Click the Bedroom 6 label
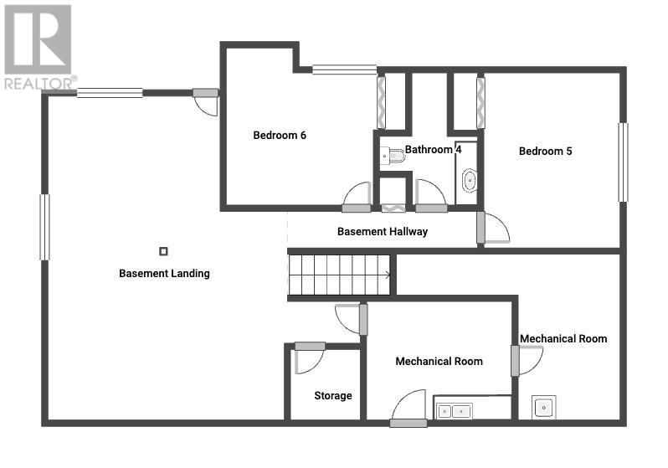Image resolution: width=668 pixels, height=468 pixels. [x=280, y=135]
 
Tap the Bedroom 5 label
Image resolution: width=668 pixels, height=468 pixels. [x=545, y=151]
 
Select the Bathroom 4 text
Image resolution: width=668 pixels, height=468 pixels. [x=433, y=149]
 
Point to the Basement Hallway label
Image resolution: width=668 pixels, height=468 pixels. [x=383, y=231]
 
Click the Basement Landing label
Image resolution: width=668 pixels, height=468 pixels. [x=164, y=273]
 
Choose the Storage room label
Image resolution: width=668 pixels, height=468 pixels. [x=332, y=395]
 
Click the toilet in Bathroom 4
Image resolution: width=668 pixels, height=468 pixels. [x=392, y=156]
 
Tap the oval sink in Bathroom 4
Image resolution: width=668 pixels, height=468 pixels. [x=470, y=181]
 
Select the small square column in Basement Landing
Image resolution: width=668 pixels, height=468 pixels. [x=163, y=251]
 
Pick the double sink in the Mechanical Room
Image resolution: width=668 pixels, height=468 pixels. [x=455, y=411]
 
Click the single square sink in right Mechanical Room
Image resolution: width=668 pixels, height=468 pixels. [x=543, y=407]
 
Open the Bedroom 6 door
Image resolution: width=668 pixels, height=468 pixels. [x=357, y=197]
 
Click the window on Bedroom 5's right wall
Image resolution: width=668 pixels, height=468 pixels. [x=623, y=162]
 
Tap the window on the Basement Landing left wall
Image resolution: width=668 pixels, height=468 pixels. [x=44, y=227]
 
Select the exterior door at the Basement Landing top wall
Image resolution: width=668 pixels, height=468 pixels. [x=206, y=101]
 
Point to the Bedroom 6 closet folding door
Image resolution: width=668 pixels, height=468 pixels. [x=381, y=103]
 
